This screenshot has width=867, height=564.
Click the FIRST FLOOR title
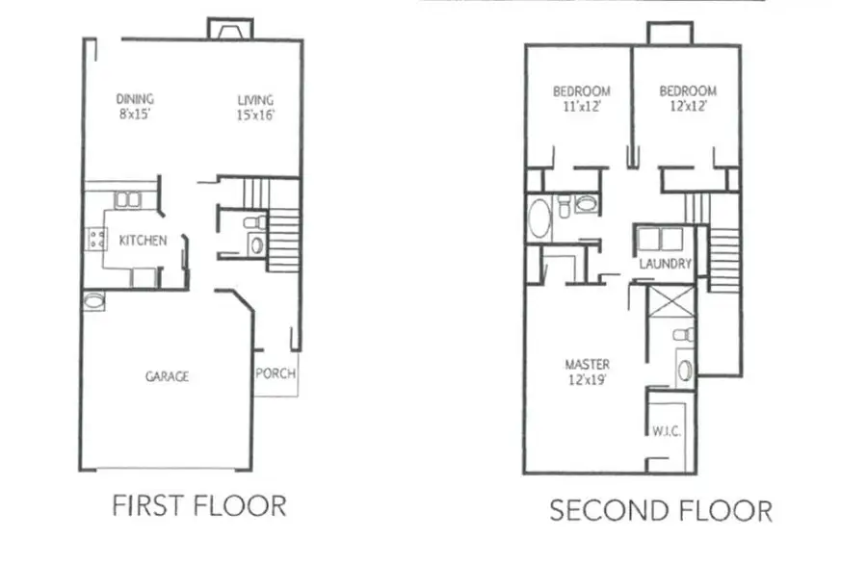coord(199,505)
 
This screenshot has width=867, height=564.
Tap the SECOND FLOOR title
coord(660,509)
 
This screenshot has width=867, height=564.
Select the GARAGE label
coord(167,376)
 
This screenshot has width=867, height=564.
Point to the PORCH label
coord(276,374)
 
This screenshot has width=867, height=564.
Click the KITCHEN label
coord(143,241)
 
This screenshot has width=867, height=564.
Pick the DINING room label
coord(135,99)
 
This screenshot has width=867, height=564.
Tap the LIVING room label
coord(255,100)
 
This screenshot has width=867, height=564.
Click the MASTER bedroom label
coord(587,364)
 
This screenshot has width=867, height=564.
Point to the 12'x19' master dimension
coord(587,380)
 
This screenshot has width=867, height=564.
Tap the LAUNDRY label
coord(666,263)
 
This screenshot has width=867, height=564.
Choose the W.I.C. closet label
coord(667,431)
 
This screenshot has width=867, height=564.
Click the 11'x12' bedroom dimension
coord(581,107)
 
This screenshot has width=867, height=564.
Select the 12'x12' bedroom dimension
coord(688,107)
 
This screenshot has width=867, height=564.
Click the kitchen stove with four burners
coord(96,239)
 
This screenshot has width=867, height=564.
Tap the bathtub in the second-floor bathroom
coord(539,218)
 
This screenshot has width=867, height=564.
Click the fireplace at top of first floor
coord(230,30)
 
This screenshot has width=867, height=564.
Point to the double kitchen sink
coord(128,200)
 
